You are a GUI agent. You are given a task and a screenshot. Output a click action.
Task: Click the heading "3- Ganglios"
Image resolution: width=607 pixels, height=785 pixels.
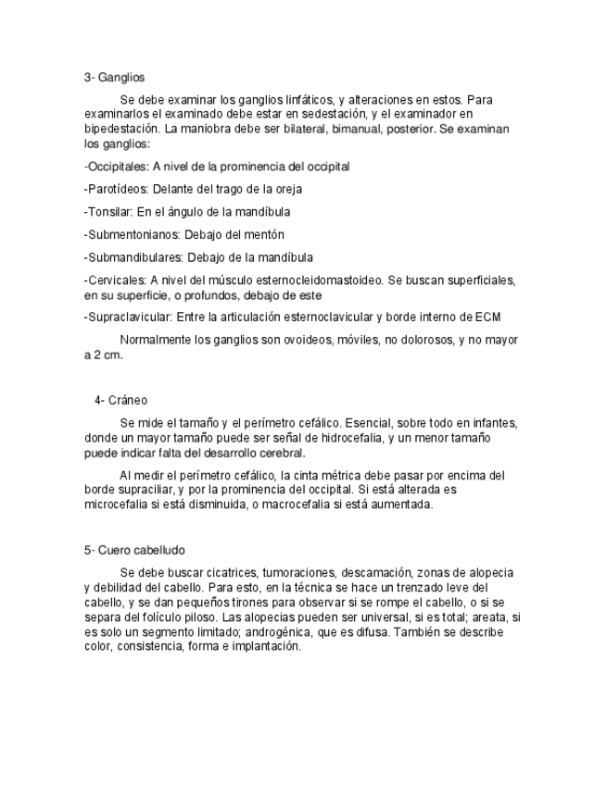pyautogui.click(x=114, y=78)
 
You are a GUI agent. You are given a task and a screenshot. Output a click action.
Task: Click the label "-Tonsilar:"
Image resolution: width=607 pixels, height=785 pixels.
pyautogui.click(x=108, y=211)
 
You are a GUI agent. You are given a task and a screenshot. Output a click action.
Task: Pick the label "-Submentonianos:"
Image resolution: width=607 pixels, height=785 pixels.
pyautogui.click(x=126, y=234)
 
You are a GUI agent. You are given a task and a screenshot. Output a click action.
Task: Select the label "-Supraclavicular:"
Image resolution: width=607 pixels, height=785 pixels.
pyautogui.click(x=126, y=317)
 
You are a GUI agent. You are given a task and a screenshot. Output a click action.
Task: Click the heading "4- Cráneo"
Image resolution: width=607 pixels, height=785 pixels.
pyautogui.click(x=121, y=400)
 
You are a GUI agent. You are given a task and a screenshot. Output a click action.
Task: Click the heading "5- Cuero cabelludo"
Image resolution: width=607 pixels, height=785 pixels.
pyautogui.click(x=134, y=550)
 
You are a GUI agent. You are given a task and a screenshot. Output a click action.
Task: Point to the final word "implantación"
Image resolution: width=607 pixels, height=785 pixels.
pyautogui.click(x=267, y=647)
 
